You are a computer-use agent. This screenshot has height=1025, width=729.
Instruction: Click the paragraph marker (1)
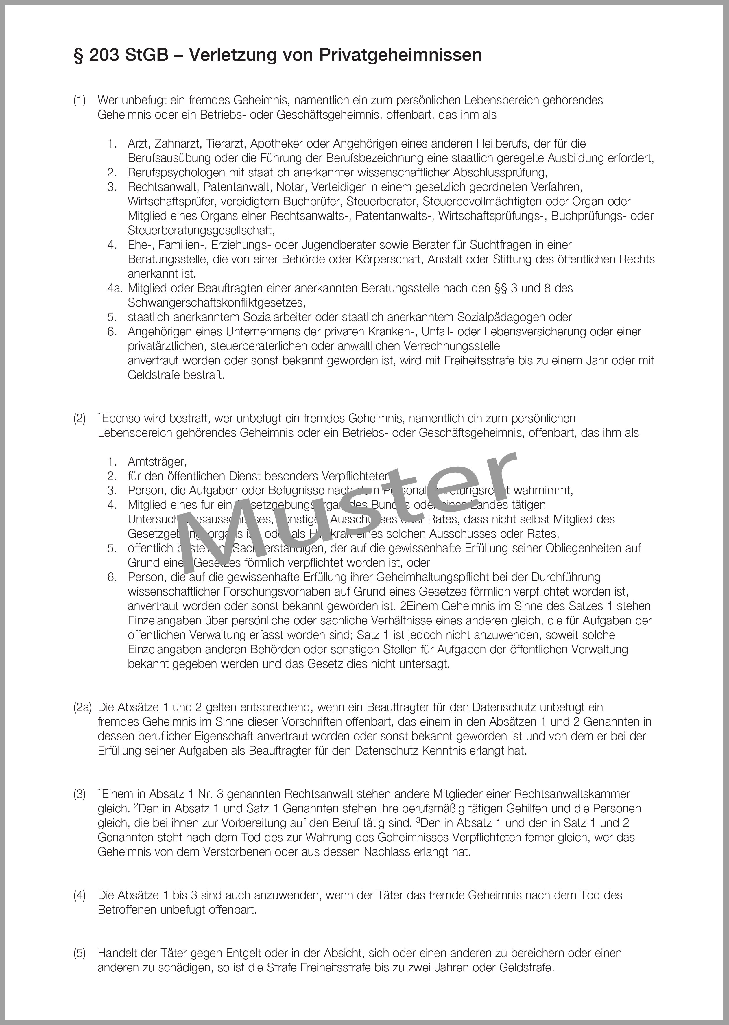tap(80, 100)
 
